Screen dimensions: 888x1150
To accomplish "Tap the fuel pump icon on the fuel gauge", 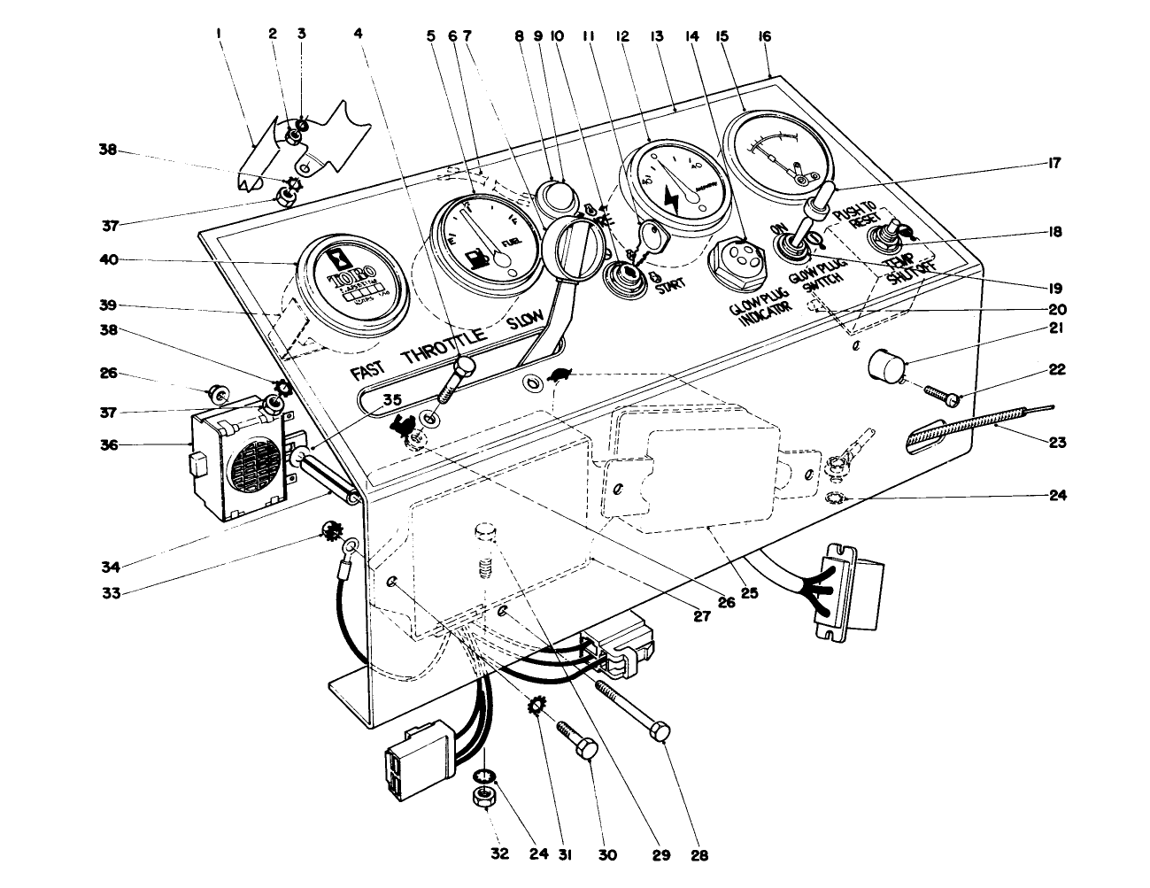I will click(x=477, y=259).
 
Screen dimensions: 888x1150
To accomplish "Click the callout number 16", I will click(x=764, y=36).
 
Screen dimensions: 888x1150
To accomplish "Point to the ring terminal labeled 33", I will click(x=348, y=554).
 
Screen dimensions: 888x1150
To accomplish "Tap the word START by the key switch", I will click(x=669, y=288).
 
